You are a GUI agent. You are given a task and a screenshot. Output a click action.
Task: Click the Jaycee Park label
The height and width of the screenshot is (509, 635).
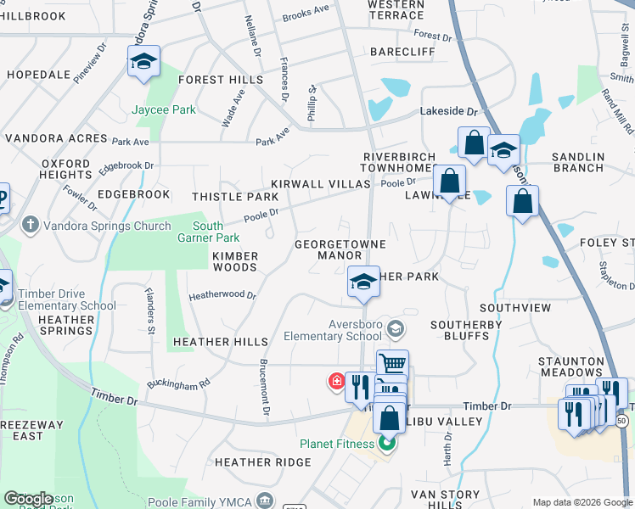click(x=164, y=109)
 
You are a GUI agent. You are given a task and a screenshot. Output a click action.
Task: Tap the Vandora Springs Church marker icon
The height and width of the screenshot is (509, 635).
click(x=31, y=226)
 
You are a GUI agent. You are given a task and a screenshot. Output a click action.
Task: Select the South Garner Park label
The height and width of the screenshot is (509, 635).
click(x=208, y=232)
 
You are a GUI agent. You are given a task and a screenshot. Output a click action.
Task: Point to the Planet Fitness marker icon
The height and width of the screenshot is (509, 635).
click(x=388, y=443)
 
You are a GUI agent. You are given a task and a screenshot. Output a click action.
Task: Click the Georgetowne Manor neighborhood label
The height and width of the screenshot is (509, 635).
click(x=340, y=249)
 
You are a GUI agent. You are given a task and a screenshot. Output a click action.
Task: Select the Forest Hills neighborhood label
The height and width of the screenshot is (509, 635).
click(x=221, y=80)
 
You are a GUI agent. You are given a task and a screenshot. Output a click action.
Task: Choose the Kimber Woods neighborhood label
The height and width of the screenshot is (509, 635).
click(x=234, y=261)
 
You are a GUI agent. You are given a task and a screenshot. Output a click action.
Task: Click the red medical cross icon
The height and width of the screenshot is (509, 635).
click(x=337, y=383)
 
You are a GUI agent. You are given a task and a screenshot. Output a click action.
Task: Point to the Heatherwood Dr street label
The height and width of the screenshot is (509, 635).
click(x=222, y=295)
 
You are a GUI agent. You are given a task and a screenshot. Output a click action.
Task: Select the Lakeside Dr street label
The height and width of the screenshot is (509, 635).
click(x=450, y=111)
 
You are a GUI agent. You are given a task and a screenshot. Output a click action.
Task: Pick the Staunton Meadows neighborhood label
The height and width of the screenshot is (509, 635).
click(x=570, y=366)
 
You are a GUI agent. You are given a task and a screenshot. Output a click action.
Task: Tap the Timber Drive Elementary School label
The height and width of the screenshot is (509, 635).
click(x=67, y=299)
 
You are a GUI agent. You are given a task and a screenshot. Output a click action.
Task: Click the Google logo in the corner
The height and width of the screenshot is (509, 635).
click(x=29, y=499)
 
